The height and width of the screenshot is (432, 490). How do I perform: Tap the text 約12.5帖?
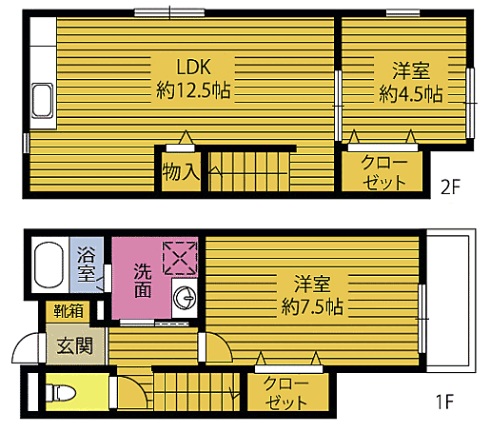(x=195, y=91)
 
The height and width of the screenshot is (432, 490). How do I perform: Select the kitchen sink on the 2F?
(x=43, y=100)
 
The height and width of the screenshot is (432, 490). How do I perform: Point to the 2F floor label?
(x=450, y=186)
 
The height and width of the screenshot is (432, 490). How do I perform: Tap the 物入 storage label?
(x=180, y=172)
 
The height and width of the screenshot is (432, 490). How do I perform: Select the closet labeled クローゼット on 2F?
(x=383, y=172)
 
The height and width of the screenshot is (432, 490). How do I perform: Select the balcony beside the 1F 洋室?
(x=446, y=304)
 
